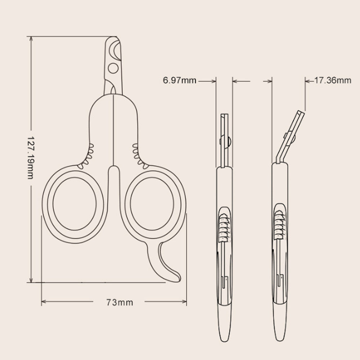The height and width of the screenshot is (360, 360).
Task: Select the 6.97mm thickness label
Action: [180, 80]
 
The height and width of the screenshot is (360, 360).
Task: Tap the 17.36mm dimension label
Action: [333, 80]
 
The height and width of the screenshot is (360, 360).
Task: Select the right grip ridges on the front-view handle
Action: [139, 157]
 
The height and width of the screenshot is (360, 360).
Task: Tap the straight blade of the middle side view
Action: [224, 139]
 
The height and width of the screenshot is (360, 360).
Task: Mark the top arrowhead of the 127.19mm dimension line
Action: [31, 39]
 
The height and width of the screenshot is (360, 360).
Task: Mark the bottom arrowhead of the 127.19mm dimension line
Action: [31, 280]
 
